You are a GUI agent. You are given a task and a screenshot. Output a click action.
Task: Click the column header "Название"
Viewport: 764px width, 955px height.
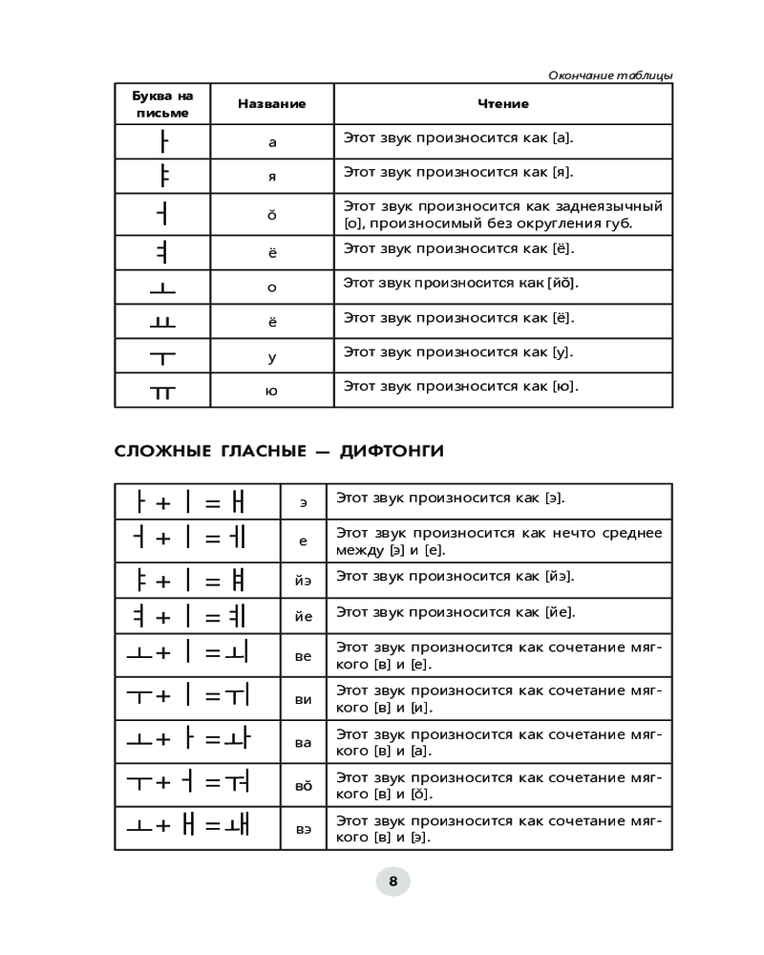coord(271,104)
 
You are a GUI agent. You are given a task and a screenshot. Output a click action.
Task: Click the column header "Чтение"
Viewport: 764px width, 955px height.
coord(502,104)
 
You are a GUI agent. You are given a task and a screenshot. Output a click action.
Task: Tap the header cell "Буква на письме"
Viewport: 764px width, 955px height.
coord(162,104)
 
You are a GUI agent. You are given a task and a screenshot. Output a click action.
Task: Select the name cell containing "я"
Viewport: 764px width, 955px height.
coord(272,177)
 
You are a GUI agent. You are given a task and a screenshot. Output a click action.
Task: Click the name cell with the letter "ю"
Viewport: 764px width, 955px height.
coord(272,391)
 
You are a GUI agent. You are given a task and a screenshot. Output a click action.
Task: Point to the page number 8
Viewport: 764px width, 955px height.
coord(393,881)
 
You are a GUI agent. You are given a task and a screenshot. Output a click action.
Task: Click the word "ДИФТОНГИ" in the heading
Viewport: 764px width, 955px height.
coord(392,451)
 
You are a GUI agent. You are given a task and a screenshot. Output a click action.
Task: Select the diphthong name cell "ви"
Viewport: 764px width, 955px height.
coord(304,699)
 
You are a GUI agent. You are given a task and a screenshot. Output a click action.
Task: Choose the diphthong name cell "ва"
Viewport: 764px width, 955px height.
coord(304,742)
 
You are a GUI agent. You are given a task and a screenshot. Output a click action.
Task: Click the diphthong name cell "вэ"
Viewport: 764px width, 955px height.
coord(304,829)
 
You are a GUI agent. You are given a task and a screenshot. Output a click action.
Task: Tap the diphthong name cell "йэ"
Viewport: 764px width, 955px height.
coord(304,579)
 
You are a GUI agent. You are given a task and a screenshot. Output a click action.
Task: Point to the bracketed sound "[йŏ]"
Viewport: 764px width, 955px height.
coord(562,284)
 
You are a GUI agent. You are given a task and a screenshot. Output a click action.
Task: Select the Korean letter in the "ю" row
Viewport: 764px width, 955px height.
coord(163,391)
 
